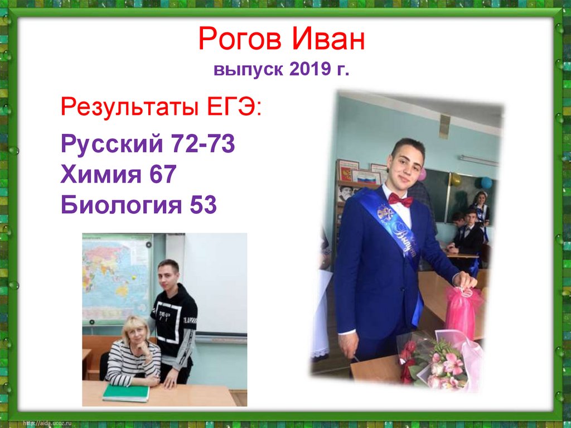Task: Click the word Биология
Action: coord(117,205)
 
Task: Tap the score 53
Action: coord(201,205)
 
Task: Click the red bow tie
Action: coord(400,199)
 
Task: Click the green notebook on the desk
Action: coord(126,393)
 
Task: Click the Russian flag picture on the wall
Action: coord(366,179)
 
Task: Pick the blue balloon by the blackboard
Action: coord(486,182)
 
